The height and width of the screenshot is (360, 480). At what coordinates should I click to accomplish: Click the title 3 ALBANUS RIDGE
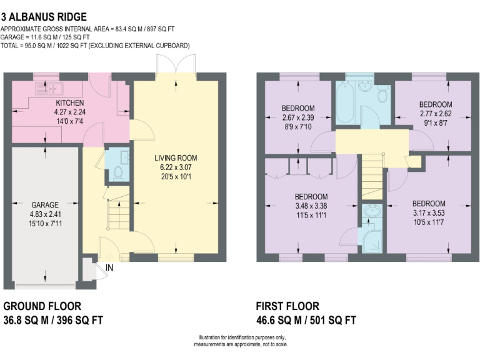point(44,17)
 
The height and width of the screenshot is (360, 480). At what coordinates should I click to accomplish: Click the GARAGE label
point(45,204)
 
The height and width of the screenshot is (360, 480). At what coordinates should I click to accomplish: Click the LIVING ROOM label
point(176,158)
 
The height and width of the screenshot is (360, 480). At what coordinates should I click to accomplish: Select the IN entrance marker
point(109,268)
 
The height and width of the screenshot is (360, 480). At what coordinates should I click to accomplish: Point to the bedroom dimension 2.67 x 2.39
point(297,117)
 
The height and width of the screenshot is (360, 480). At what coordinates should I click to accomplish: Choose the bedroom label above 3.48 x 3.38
point(311,196)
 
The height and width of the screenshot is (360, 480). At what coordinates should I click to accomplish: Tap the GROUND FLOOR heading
point(42,306)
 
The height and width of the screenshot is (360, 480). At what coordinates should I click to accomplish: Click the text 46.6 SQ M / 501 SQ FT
point(306,320)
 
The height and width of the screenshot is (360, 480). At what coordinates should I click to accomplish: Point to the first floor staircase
point(371,176)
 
